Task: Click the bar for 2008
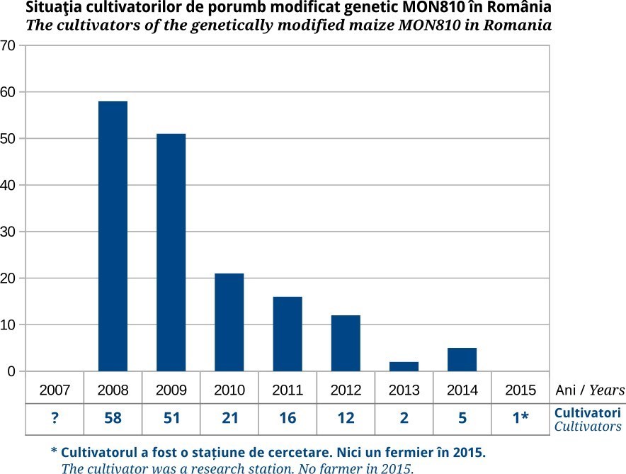113,236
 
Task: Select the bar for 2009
171,252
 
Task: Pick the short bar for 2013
404,366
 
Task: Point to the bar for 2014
462,359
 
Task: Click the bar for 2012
346,343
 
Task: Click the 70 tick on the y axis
8,45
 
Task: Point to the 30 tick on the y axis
8,232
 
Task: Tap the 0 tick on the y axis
11,371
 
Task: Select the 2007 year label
55,390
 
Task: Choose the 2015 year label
520,390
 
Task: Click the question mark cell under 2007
55,418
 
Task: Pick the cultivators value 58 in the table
113,418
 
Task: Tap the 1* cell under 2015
520,418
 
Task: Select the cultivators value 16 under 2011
288,418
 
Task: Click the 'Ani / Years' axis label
589,390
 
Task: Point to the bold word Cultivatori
587,412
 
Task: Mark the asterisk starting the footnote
54,451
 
